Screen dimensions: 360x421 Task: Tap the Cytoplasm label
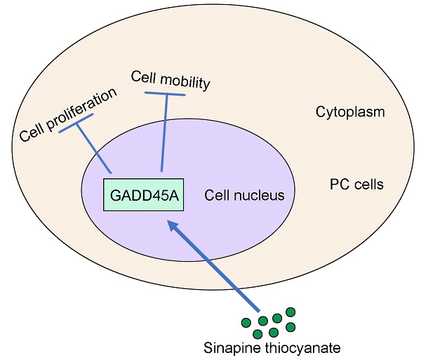(350, 112)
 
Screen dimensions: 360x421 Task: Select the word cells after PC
(367, 185)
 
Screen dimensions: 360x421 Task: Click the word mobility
(186, 81)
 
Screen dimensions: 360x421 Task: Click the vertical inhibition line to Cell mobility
(164, 133)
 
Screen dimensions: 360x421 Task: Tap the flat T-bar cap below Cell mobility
(166, 94)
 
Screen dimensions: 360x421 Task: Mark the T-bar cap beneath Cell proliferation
(73, 125)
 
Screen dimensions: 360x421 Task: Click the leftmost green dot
(246, 324)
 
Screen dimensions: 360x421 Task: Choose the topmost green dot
(290, 312)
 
